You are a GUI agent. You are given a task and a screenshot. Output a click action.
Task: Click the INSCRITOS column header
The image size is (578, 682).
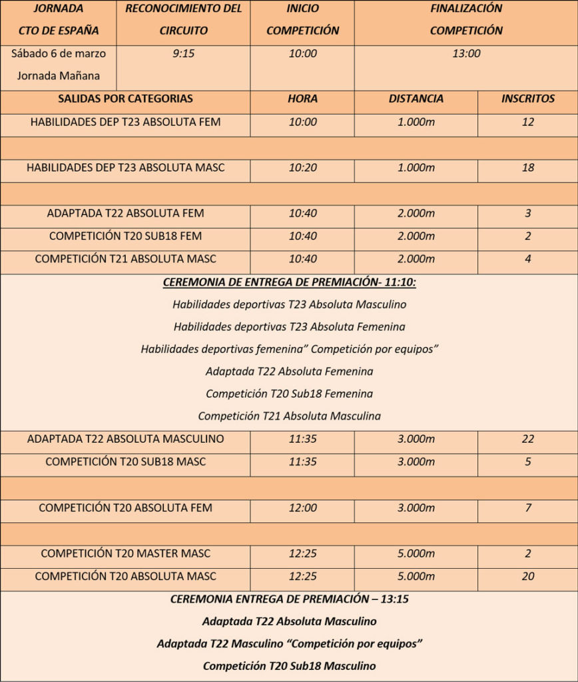pyautogui.click(x=527, y=99)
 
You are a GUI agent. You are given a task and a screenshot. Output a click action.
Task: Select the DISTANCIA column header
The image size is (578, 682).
pyautogui.click(x=416, y=99)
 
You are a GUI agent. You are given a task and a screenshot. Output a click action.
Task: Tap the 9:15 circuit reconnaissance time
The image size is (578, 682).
pyautogui.click(x=183, y=53)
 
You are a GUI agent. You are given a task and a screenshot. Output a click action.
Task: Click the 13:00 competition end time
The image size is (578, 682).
pyautogui.click(x=465, y=53)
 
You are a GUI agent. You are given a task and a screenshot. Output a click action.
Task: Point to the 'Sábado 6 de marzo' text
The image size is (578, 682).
pyautogui.click(x=59, y=53)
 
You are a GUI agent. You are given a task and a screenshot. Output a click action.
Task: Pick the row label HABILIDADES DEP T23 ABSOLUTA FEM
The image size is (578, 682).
pyautogui.click(x=125, y=122)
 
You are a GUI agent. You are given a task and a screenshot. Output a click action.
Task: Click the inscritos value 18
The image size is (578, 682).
pyautogui.click(x=527, y=168)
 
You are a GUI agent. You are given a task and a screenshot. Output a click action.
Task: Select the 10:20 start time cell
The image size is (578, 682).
pyautogui.click(x=302, y=168)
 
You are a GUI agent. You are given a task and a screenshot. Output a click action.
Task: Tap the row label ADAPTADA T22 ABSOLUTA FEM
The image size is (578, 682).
pyautogui.click(x=125, y=213)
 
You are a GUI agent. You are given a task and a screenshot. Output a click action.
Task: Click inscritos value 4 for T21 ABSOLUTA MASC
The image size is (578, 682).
pyautogui.click(x=527, y=259)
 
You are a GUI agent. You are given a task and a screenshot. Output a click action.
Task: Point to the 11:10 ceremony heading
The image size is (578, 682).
pyautogui.click(x=289, y=283)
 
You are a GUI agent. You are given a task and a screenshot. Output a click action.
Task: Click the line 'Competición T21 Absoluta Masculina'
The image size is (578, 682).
pyautogui.click(x=289, y=416)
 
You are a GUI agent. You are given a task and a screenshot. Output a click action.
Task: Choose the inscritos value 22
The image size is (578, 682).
pyautogui.click(x=527, y=439)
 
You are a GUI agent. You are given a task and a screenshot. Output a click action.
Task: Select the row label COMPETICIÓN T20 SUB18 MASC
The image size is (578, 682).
pyautogui.click(x=125, y=462)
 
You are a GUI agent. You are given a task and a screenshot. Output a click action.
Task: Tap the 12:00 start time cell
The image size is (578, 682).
pyautogui.click(x=302, y=508)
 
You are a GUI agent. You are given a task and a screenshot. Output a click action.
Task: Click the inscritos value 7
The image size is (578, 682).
pyautogui.click(x=527, y=508)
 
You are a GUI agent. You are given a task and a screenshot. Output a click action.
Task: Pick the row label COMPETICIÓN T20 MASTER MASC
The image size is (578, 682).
pyautogui.click(x=125, y=553)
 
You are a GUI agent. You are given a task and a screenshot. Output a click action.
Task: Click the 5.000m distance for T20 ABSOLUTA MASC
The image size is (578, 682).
pyautogui.click(x=416, y=576)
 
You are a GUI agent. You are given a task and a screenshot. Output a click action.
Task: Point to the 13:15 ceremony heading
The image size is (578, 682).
pyautogui.click(x=289, y=599)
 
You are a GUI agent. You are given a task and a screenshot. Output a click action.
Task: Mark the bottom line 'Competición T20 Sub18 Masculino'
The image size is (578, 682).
pyautogui.click(x=289, y=666)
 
